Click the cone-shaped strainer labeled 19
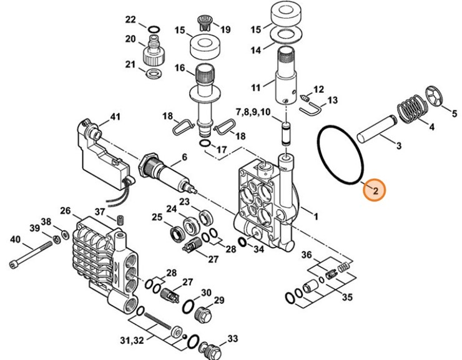(x=205, y=22)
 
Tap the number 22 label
(x=130, y=20)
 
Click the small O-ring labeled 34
(x=242, y=242)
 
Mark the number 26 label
(x=66, y=211)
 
